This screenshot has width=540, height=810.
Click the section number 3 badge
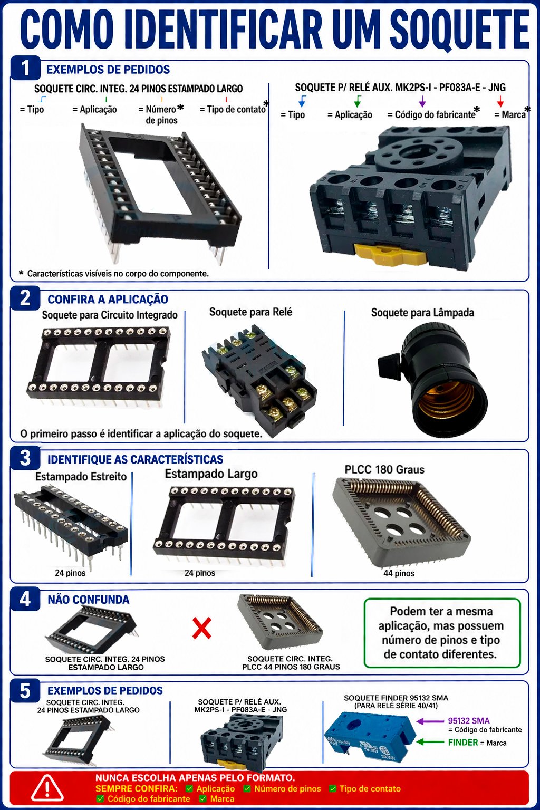[25, 458]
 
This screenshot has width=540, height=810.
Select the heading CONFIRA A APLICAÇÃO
[108, 300]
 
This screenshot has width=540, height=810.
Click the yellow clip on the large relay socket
[390, 254]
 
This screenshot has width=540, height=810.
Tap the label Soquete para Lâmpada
[422, 313]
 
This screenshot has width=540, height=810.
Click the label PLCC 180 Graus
[384, 470]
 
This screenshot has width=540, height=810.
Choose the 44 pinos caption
[399, 573]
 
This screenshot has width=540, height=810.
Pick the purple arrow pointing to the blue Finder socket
[430, 721]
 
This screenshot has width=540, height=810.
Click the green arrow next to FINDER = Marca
[430, 742]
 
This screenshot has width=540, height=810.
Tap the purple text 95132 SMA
[469, 721]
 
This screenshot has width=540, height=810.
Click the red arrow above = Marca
[500, 101]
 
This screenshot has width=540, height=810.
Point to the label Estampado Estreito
[81, 477]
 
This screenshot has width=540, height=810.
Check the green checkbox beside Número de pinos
[247, 789]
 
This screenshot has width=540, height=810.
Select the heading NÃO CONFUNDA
[89, 600]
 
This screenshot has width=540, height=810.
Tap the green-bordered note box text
[441, 633]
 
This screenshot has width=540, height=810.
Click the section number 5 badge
[25, 691]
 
